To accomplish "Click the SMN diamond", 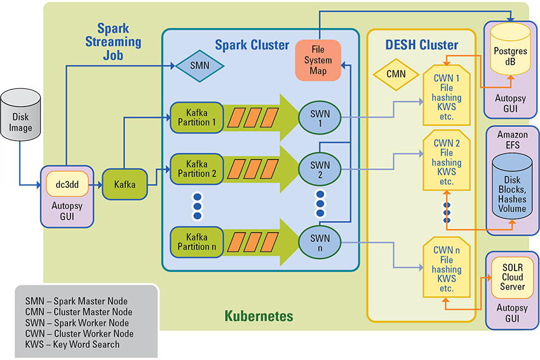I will click(x=199, y=65).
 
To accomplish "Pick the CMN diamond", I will click(x=396, y=74).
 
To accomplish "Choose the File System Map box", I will click(x=318, y=60).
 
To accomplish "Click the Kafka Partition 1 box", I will click(x=197, y=117).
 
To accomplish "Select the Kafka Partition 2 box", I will click(x=197, y=168).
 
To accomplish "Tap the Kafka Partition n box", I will click(x=197, y=241).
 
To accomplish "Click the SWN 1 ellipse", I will click(x=320, y=117).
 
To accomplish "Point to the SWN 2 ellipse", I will click(x=320, y=170).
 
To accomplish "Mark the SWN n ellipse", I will click(x=320, y=242).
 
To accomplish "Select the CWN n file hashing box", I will click(x=447, y=270).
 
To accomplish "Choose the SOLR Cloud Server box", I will click(x=512, y=277).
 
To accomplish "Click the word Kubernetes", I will click(x=259, y=316).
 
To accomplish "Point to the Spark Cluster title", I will click(x=252, y=45).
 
